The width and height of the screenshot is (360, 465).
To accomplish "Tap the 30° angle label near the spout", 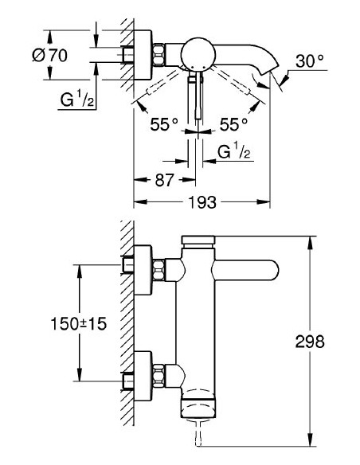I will (310, 60).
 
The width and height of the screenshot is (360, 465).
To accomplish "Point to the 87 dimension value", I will (164, 180).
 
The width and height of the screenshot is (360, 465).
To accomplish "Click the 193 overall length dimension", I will (202, 201).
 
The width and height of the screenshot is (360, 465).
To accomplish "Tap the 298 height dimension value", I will (326, 342).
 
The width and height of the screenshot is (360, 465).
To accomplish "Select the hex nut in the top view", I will (160, 55).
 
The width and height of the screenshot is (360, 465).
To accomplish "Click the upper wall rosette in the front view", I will (142, 266).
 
